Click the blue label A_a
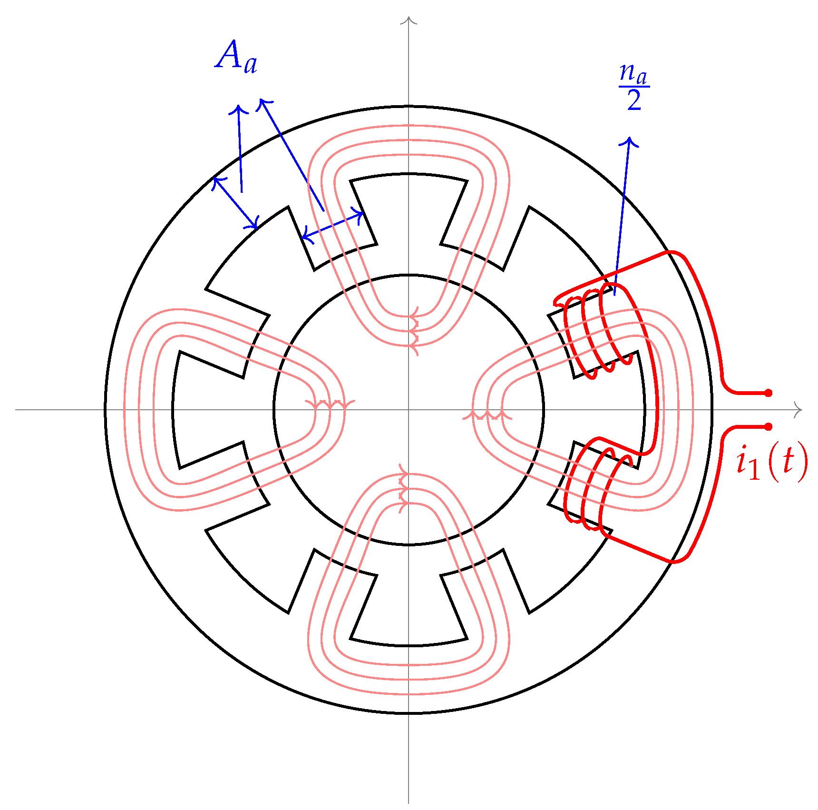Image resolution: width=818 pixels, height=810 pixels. (236, 58)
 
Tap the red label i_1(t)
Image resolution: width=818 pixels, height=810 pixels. (771, 461)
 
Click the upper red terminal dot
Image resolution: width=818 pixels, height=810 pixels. (768, 393)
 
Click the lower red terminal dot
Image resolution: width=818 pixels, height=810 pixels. (768, 427)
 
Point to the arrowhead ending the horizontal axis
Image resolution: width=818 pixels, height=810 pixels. (799, 409)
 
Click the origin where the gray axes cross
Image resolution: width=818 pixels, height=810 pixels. (409, 409)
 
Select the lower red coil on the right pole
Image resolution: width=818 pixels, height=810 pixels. (597, 488)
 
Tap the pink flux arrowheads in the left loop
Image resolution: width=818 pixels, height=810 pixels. (330, 405)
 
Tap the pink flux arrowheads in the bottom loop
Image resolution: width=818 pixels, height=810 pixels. (403, 489)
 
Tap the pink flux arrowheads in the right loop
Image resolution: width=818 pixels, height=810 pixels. (487, 415)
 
